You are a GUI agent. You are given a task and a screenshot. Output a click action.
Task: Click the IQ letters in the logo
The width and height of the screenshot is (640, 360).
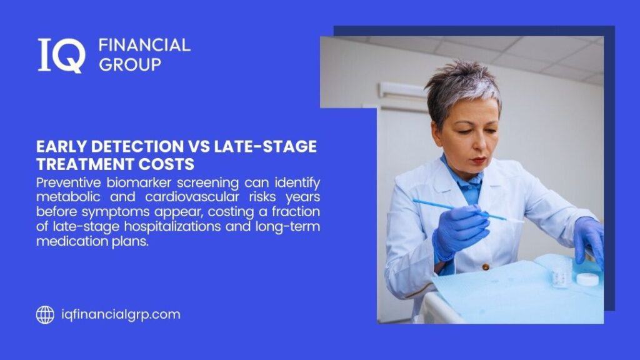click(x=61, y=55)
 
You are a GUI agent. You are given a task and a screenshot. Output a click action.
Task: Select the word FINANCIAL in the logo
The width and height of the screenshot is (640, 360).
click(x=144, y=45)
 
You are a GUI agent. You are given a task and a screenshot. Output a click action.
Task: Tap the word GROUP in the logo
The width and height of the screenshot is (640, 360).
click(x=130, y=64)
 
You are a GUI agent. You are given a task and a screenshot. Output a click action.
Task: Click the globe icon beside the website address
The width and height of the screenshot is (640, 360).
click(x=45, y=314)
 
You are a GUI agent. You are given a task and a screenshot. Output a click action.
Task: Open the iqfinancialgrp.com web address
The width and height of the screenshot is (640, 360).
click(x=121, y=314)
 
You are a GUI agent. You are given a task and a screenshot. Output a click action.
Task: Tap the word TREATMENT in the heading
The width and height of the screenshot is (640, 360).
click(x=87, y=164)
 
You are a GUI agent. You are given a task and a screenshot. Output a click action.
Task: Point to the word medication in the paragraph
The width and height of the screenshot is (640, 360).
click(x=67, y=241)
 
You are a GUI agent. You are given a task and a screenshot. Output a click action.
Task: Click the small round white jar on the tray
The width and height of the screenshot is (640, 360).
click(x=587, y=279)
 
